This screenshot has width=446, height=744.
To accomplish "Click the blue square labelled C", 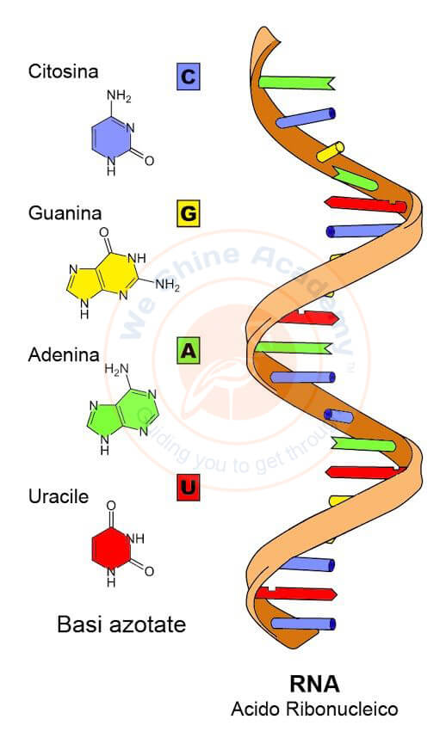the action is click(188, 77).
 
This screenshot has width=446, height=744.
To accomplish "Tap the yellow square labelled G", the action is click(188, 213).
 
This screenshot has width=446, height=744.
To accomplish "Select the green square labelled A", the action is click(188, 351).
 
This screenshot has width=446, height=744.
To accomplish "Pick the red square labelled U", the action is click(188, 488).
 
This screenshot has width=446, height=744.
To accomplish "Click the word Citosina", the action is click(63, 71).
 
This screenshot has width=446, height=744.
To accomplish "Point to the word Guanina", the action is click(65, 213).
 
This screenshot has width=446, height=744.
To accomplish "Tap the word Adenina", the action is click(64, 355).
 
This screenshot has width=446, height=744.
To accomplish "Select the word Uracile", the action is click(59, 496).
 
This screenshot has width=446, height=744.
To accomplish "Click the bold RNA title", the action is click(314, 684).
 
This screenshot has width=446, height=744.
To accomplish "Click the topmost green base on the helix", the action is click(297, 83).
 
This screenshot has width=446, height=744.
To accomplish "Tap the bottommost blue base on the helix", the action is click(303, 624).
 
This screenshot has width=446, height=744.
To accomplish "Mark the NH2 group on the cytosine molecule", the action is click(119, 95).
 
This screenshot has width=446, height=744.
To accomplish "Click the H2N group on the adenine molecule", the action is click(116, 369).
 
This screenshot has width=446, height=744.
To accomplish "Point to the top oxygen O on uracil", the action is click(111, 506).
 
